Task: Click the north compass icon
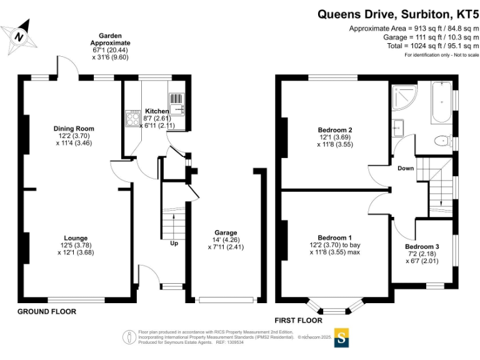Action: click(19, 37)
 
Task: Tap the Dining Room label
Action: click(74, 129)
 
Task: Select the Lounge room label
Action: click(76, 238)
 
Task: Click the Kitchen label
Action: click(157, 111)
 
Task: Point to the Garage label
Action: click(226, 232)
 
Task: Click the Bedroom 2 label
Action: click(334, 130)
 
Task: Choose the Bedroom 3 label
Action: click(422, 246)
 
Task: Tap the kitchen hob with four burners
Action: click(133, 119)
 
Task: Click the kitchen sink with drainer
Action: click(176, 104)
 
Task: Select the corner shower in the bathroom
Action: click(405, 97)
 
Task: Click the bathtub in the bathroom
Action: click(441, 102)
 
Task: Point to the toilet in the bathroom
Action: click(443, 141)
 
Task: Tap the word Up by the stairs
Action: click(174, 243)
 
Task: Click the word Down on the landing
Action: click(406, 168)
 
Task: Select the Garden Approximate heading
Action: click(110, 39)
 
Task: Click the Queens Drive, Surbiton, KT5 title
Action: click(397, 14)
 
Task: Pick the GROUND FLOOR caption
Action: click(46, 312)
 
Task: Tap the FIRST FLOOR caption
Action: click(299, 321)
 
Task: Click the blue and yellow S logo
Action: click(341, 337)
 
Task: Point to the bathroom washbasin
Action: click(398, 128)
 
